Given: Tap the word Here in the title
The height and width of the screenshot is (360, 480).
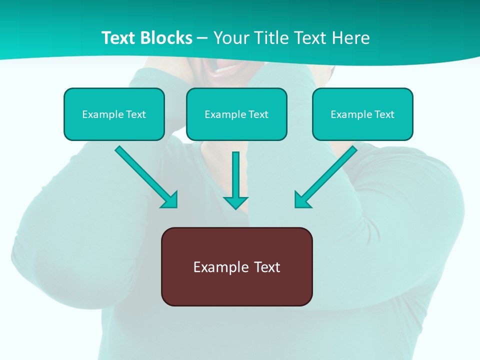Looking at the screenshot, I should click(x=351, y=38).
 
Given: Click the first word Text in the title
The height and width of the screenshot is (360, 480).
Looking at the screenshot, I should click(x=119, y=38).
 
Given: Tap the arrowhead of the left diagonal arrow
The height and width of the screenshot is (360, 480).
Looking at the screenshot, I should click(x=170, y=200).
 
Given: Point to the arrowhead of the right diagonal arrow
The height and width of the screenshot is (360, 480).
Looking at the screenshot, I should click(x=301, y=200).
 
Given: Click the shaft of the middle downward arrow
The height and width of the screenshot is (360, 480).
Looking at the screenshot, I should click(x=235, y=172).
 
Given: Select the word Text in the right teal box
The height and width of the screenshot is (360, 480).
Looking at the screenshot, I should click(x=384, y=114).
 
